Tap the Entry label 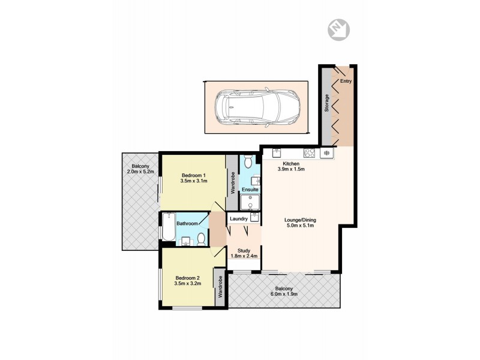click(346, 81)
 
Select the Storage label click(327, 104)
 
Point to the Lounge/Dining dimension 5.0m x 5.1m click(300, 226)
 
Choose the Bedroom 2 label click(187, 277)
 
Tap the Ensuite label click(250, 190)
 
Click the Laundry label click(239, 219)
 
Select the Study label click(244, 250)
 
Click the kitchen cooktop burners click(310, 152)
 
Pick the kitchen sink click(277, 152)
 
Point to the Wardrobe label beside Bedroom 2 click(220, 287)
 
